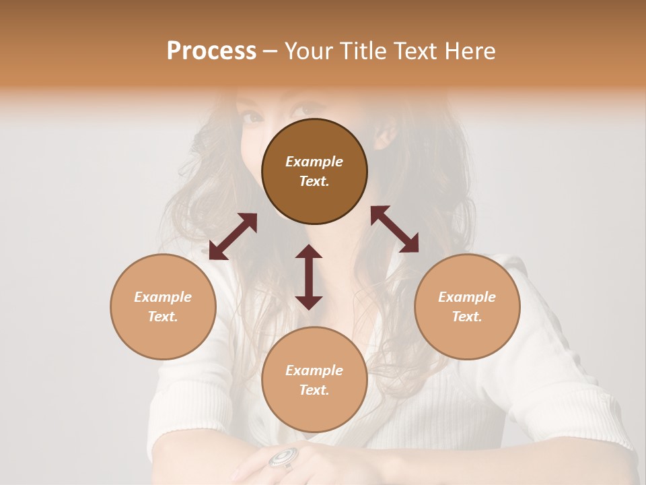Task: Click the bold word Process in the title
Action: coord(211,51)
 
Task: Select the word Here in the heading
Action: coord(470,51)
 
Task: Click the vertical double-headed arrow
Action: coord(309,277)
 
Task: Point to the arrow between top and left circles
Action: coord(233,236)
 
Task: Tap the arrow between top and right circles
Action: coord(394,229)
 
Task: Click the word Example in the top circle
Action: coord(314,162)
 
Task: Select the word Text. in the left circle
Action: coord(163,317)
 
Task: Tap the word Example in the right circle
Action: coord(467,297)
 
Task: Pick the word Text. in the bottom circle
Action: coord(314,390)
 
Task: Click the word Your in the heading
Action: coord(308,51)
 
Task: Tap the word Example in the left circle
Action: coord(163,297)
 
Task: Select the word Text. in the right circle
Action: coord(467,317)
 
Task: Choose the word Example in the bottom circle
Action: coord(314,370)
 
